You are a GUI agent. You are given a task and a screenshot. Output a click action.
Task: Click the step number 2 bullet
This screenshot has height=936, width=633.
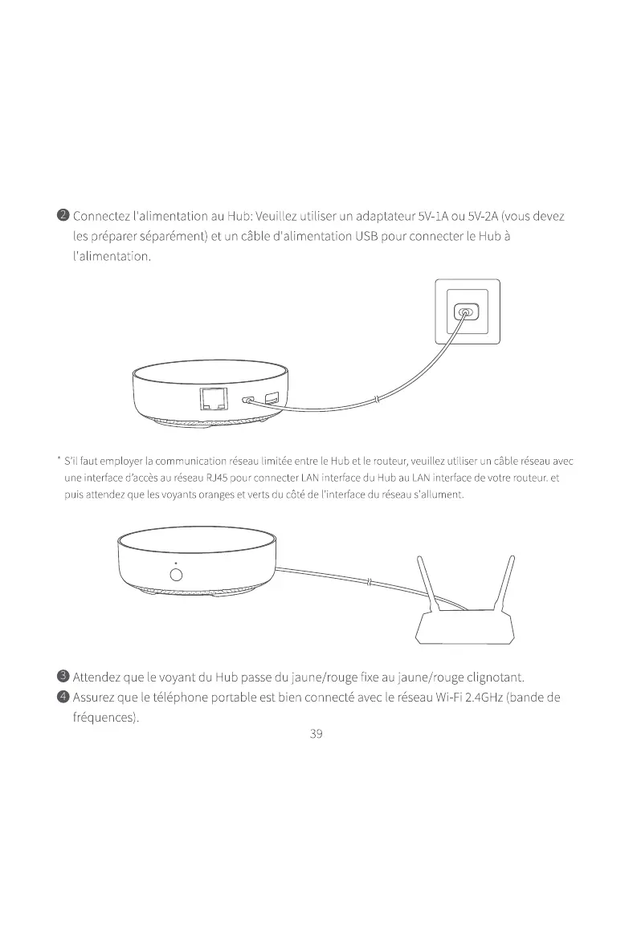[62, 217]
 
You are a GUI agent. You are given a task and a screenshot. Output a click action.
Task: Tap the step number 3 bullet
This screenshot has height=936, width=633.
[62, 677]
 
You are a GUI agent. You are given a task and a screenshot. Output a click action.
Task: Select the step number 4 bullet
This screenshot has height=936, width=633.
[62, 696]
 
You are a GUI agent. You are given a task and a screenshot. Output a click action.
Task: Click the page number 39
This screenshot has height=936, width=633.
[316, 734]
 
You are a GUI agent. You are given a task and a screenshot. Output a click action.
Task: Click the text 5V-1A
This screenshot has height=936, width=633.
[434, 217]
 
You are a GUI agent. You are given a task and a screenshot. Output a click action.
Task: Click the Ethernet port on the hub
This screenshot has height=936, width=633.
[214, 398]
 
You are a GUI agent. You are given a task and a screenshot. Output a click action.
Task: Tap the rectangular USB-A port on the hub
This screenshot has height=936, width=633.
[272, 397]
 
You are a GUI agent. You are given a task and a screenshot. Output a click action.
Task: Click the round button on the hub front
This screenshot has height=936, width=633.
[176, 575]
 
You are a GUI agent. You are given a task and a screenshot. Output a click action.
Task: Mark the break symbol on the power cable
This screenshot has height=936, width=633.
[378, 399]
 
